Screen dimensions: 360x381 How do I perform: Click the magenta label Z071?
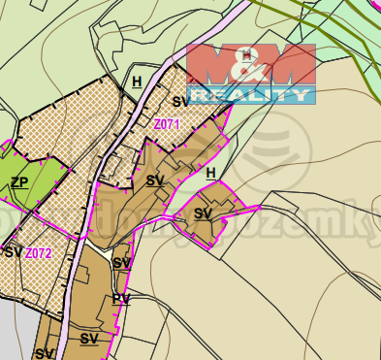pos(167,124)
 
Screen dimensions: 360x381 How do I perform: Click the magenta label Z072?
pos(38,253)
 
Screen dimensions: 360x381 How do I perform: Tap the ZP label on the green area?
pos(18,181)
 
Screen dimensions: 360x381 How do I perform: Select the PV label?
pos(120,299)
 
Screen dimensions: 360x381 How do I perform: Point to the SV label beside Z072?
pos(13,252)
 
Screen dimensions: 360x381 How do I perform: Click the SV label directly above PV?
pos(121,263)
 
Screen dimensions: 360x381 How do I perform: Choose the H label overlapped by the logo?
pos(248,55)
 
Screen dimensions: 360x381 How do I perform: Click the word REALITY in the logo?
pos(250,95)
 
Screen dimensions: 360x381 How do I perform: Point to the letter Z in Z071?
pos(157,124)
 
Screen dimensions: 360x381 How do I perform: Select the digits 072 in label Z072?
pos(42,253)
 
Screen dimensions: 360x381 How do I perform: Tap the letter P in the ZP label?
pos(23,181)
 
